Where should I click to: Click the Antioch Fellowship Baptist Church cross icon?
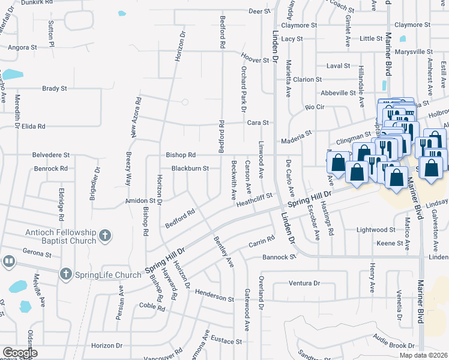[105, 236]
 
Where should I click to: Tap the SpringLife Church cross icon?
[66, 275]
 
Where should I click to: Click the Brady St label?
[55, 88]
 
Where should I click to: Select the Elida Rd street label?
[34, 127]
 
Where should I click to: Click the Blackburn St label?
[190, 169]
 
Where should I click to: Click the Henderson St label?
[214, 297]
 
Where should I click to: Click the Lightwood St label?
[376, 229]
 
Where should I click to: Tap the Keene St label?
[390, 243]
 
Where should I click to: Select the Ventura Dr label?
[304, 283]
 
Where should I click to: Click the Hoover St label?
[255, 60]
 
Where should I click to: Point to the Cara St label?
[258, 122]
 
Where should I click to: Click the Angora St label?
[22, 46]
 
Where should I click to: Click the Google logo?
[19, 353]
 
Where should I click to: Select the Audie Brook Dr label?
[394, 346]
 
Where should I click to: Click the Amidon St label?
[140, 200]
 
